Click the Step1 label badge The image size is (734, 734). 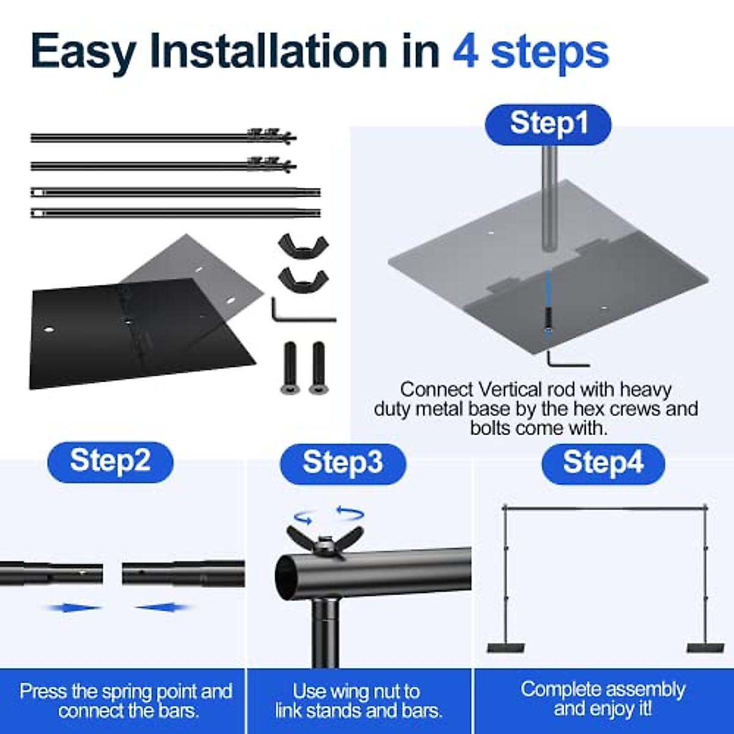(547, 124)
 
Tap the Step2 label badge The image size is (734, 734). (110, 462)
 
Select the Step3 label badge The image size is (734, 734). (343, 464)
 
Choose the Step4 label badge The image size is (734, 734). (603, 464)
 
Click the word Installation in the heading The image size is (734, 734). (268, 51)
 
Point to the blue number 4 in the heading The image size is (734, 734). (465, 51)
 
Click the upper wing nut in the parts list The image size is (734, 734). (303, 248)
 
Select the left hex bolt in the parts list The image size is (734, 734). (290, 367)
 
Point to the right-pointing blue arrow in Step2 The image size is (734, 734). (74, 608)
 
